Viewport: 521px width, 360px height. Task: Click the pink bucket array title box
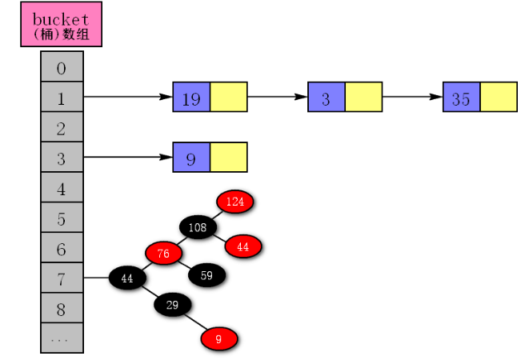point(62,25)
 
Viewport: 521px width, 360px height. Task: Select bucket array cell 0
point(62,68)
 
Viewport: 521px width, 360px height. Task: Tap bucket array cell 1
point(62,98)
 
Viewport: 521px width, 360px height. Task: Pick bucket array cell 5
point(62,218)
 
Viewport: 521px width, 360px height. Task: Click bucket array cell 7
point(62,278)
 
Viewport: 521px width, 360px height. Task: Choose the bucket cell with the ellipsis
point(62,338)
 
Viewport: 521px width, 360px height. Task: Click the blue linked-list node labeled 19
point(191,98)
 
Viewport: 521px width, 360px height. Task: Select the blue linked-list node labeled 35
point(461,98)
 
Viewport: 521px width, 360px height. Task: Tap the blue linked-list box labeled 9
point(191,158)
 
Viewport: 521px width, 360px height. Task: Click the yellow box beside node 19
point(228,98)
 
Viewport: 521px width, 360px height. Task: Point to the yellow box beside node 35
point(498,98)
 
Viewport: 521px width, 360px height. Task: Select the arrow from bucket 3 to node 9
point(128,158)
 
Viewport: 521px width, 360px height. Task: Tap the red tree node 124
point(234,202)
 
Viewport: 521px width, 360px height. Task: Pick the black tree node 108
point(198,228)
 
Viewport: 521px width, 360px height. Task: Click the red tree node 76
point(163,254)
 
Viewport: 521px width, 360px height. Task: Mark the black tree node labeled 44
point(126,278)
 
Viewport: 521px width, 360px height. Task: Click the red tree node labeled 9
point(218,338)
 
